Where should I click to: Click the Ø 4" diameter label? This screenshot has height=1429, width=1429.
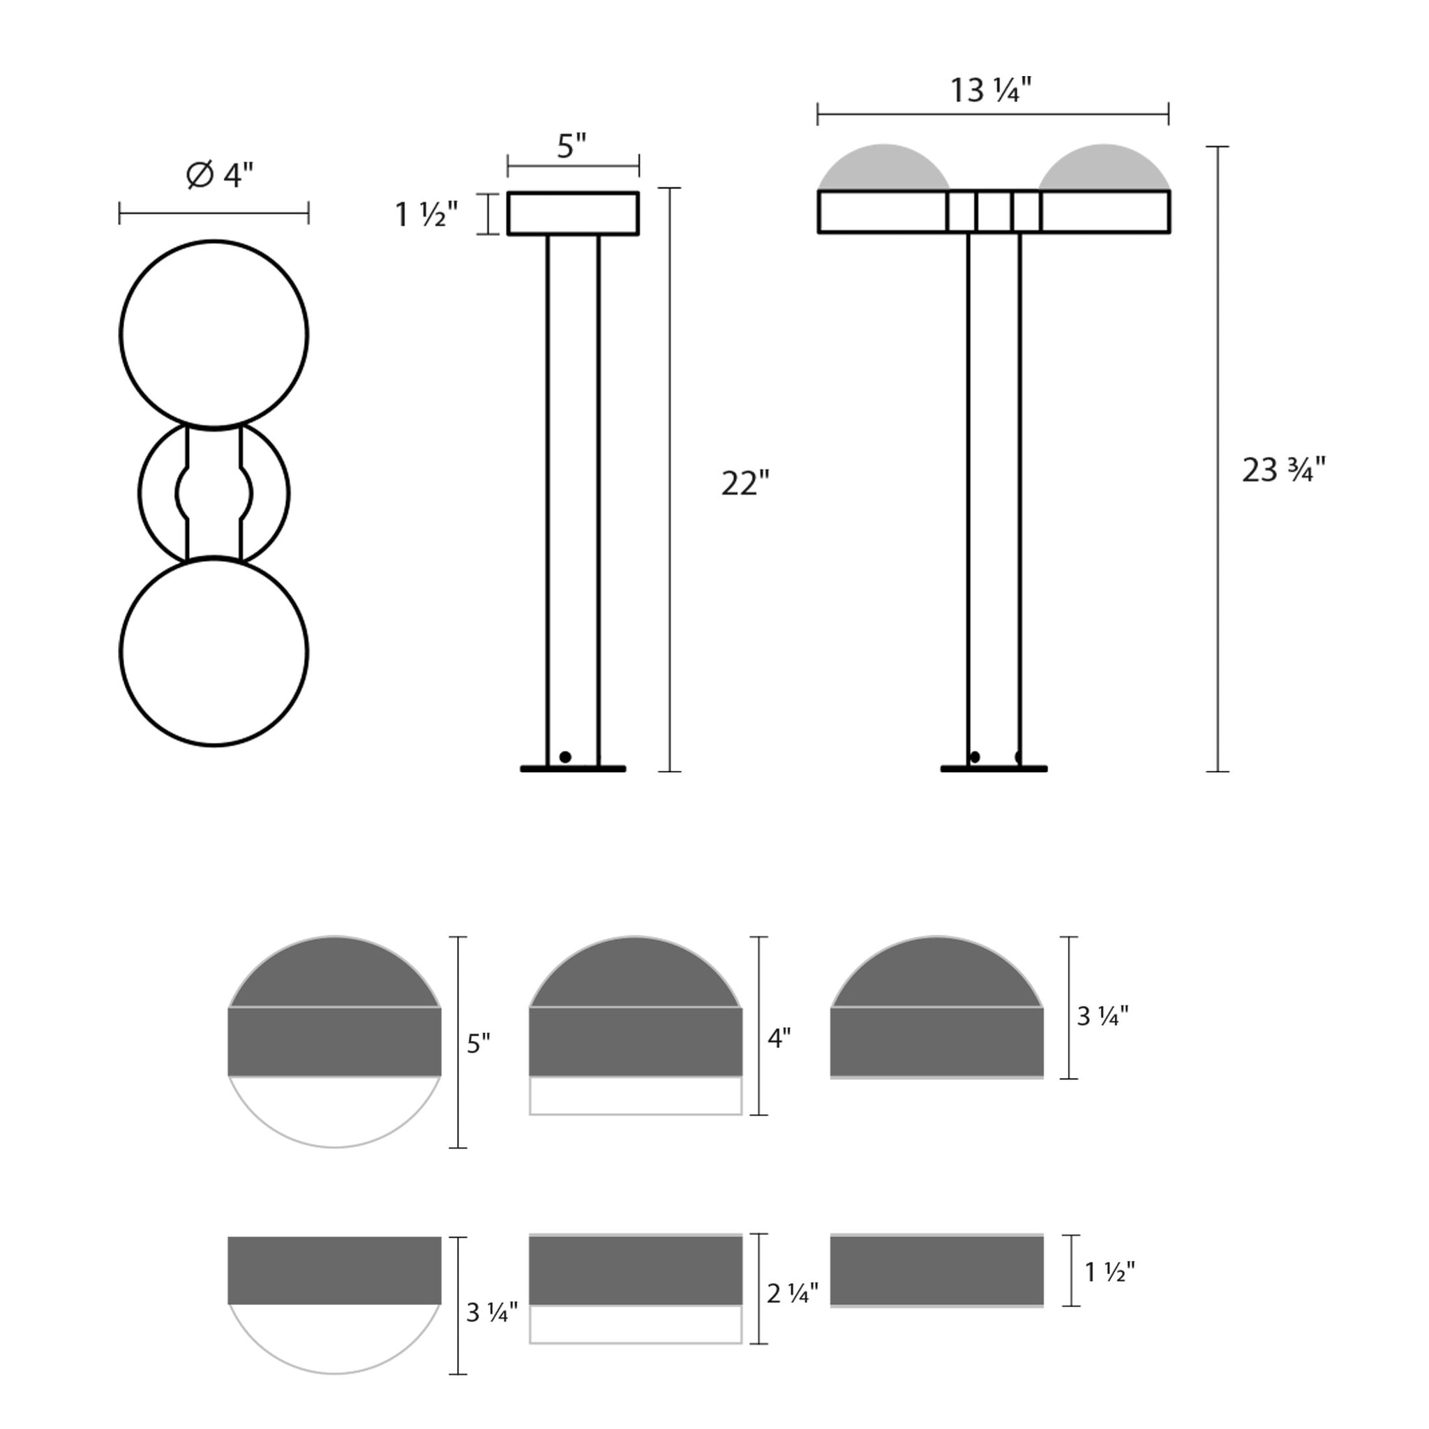[x=220, y=175]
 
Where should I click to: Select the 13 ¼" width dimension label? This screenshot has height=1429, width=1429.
[x=990, y=90]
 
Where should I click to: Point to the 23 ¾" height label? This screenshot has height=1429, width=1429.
[x=1284, y=470]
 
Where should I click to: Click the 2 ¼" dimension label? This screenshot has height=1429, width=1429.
[x=793, y=1314]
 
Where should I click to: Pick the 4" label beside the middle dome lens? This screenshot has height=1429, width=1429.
[x=779, y=1038]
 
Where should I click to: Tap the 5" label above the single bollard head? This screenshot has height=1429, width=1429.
[x=571, y=146]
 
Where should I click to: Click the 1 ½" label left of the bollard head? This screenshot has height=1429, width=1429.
[x=427, y=214]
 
